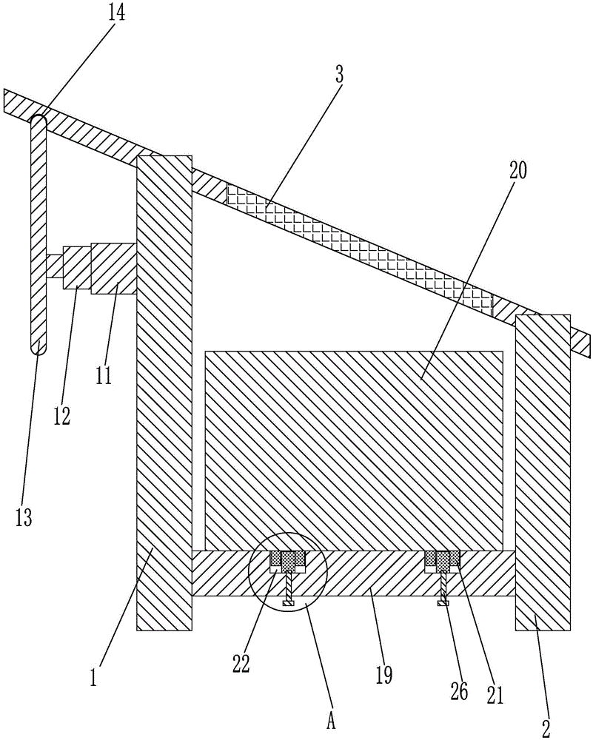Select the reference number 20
coord(518,171)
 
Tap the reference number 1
coord(94,678)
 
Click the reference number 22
coord(241,662)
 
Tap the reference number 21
coord(495,693)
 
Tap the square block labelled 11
coord(114,268)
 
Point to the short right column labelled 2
coord(543,474)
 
